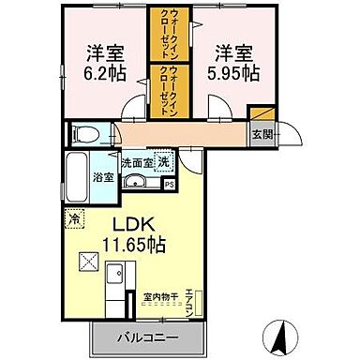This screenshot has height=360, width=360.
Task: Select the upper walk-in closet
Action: coord(169,34)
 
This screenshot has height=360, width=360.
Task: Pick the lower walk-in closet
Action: coord(169,90)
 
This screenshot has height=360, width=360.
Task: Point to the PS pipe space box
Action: coord(169,186)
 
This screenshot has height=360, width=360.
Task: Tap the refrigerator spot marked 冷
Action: coord(73,219)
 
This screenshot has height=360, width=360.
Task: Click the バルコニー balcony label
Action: coord(147,336)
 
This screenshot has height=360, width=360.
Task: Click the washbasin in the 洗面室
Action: coord(137,181)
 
